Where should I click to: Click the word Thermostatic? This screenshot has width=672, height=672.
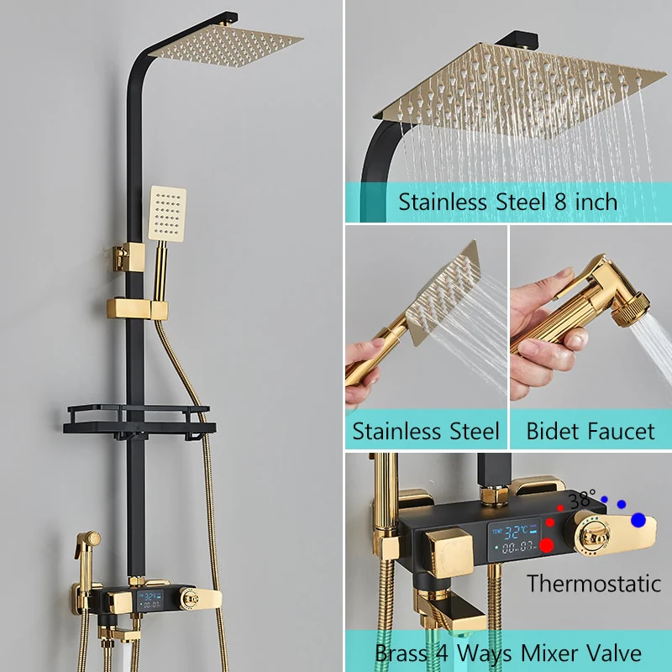pos(594,583)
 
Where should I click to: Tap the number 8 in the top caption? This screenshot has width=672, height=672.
pos(560,202)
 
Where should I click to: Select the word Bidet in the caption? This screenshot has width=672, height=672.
pos(551,431)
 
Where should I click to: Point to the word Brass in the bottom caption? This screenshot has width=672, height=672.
pos(402,654)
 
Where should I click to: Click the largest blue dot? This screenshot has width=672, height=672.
pos(638,520)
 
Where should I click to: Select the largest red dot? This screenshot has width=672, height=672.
pos(547,545)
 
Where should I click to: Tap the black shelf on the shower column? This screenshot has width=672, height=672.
pos(139,423)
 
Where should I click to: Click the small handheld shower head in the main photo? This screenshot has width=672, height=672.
pos(166,213)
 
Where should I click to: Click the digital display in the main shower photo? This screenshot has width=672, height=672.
pos(150,600)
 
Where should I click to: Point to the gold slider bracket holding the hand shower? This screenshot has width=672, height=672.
pos(137,308)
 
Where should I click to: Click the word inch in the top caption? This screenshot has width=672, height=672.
pos(596,202)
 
